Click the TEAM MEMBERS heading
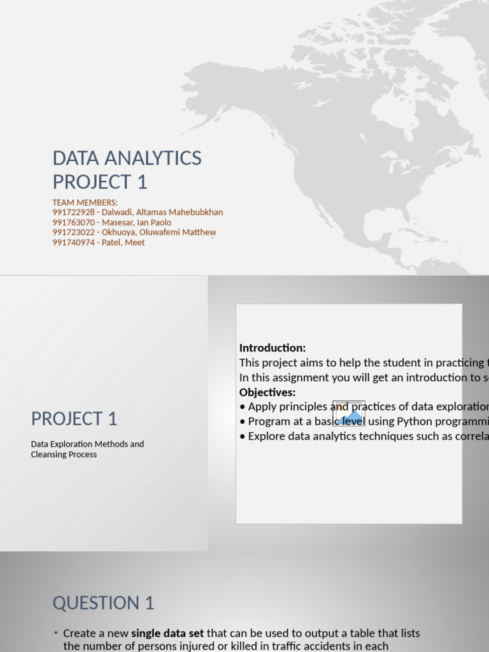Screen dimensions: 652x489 pos(85,202)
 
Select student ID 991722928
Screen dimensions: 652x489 pos(73,212)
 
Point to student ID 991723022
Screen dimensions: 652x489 pos(73,232)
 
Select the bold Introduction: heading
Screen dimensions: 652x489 pos(273,348)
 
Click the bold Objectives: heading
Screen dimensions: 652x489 pos(267,392)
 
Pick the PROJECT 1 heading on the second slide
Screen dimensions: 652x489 pos(74,419)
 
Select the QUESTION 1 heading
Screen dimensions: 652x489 pos(103,603)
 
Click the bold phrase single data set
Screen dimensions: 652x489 pos(168,634)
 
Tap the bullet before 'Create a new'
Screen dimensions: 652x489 pos(56,633)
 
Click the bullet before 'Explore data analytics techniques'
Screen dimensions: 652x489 pos(243,436)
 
